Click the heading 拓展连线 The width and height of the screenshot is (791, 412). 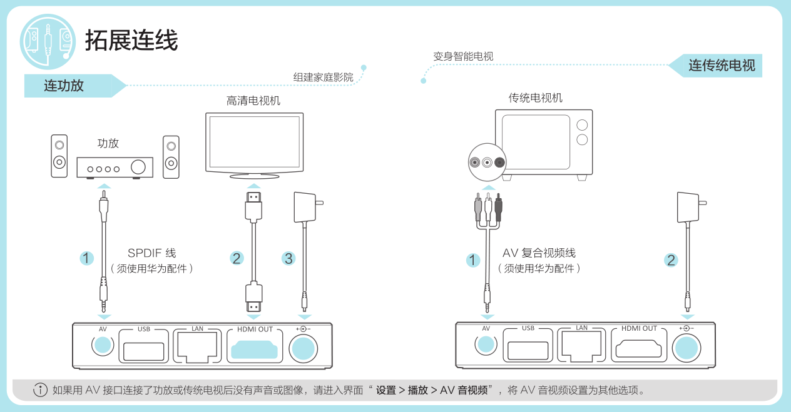click(x=131, y=41)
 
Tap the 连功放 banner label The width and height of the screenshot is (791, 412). click(x=64, y=86)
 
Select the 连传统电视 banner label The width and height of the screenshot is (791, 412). click(x=722, y=66)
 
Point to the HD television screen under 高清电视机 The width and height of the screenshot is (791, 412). click(x=254, y=142)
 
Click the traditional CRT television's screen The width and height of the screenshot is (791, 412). click(x=535, y=141)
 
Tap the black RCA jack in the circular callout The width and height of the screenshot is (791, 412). click(x=499, y=163)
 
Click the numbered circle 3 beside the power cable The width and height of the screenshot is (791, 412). click(x=288, y=258)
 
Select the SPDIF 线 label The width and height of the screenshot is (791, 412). click(x=151, y=253)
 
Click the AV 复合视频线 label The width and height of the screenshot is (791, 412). click(x=539, y=253)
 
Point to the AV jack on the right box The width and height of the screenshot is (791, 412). click(x=486, y=344)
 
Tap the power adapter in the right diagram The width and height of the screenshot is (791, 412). click(x=688, y=207)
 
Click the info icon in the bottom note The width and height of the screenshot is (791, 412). click(x=40, y=390)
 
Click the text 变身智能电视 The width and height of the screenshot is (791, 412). click(x=463, y=56)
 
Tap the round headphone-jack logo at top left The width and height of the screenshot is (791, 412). click(x=48, y=41)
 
